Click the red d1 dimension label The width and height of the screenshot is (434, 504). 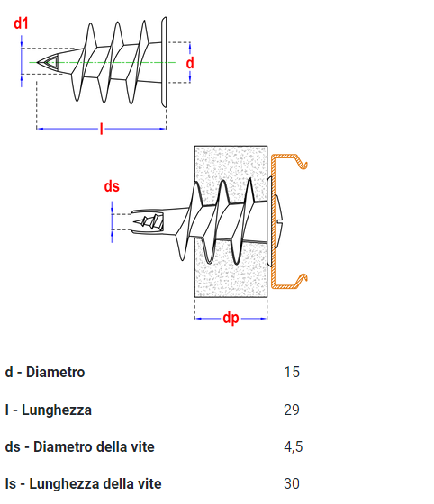point(21,23)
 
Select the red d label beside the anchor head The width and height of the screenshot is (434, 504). point(190,63)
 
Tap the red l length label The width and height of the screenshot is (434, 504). point(101,129)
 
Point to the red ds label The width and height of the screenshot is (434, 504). point(112,186)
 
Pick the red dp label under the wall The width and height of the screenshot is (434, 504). point(231,319)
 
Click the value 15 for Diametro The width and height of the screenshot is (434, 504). point(292,372)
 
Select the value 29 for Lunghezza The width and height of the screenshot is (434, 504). point(292,409)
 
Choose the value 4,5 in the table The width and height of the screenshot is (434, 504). point(294,446)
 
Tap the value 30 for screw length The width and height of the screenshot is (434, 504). point(292,483)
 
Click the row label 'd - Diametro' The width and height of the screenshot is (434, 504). point(45,372)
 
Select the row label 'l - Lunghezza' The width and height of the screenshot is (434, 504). point(49,409)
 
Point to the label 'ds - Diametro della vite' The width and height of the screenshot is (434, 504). point(80,446)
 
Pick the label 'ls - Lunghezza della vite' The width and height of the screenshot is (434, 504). point(83,484)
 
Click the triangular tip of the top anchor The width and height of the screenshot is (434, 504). point(49,62)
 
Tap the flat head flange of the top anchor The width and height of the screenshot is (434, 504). point(164,62)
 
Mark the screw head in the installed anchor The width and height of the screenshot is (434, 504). point(279,221)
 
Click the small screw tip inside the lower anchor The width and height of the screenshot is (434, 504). point(149,221)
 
